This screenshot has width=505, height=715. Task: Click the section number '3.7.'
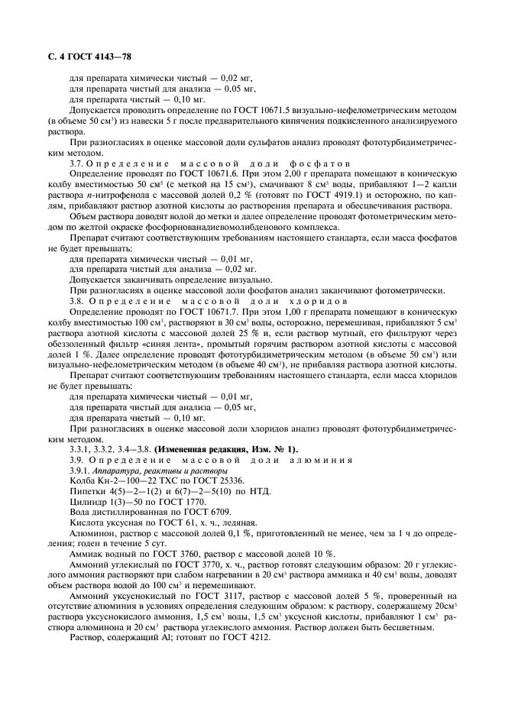(x=78, y=164)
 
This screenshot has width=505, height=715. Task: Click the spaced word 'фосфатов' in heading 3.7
(x=319, y=164)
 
